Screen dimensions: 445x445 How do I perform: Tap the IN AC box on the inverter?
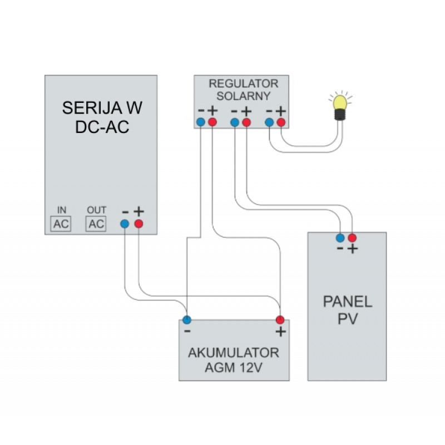[62, 224]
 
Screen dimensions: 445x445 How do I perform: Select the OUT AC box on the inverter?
[96, 224]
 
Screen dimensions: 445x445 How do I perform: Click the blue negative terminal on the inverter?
[125, 224]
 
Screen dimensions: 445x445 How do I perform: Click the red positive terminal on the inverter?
[139, 224]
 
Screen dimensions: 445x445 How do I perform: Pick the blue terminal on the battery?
[187, 320]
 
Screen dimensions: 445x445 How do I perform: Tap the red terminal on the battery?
[280, 320]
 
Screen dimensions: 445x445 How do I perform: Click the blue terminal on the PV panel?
[340, 238]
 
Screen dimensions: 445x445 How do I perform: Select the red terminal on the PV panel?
[352, 238]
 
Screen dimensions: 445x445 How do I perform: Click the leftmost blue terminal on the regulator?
[200, 122]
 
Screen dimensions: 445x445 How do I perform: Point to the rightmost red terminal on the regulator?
[281, 122]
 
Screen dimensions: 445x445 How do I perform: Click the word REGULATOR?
[243, 84]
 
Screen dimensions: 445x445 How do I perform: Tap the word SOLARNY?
[243, 96]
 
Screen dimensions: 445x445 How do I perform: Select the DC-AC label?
[101, 126]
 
